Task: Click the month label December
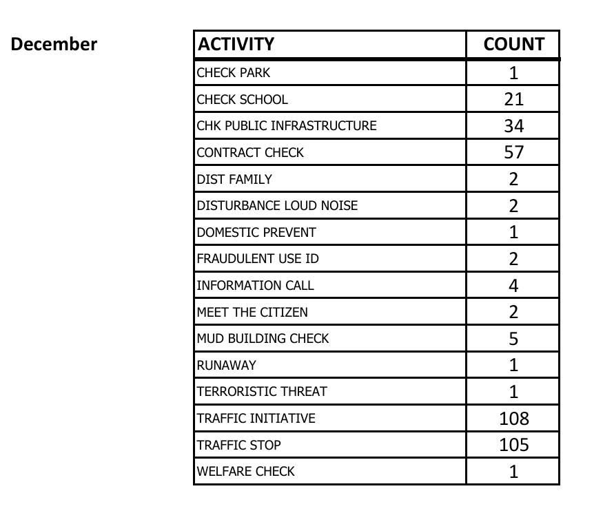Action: click(x=54, y=45)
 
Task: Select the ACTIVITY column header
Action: click(x=236, y=45)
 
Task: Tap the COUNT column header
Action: click(x=513, y=45)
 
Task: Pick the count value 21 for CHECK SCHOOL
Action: click(x=513, y=99)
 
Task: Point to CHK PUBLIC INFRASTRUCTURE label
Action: click(x=287, y=126)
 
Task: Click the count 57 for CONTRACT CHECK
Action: click(x=513, y=152)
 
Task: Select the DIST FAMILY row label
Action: click(x=234, y=179)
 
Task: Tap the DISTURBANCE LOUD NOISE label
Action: click(x=277, y=206)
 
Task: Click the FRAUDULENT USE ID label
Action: click(x=258, y=259)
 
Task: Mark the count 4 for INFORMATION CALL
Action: click(x=513, y=285)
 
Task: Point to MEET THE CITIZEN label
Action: click(x=252, y=312)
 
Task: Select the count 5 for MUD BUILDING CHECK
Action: click(x=513, y=338)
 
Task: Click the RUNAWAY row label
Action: click(x=226, y=365)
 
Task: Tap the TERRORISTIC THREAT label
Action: click(x=262, y=392)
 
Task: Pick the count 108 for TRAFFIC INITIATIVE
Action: click(x=513, y=418)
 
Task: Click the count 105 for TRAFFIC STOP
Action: click(x=513, y=445)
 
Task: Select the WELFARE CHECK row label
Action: click(x=245, y=472)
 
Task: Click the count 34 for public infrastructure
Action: click(x=513, y=126)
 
